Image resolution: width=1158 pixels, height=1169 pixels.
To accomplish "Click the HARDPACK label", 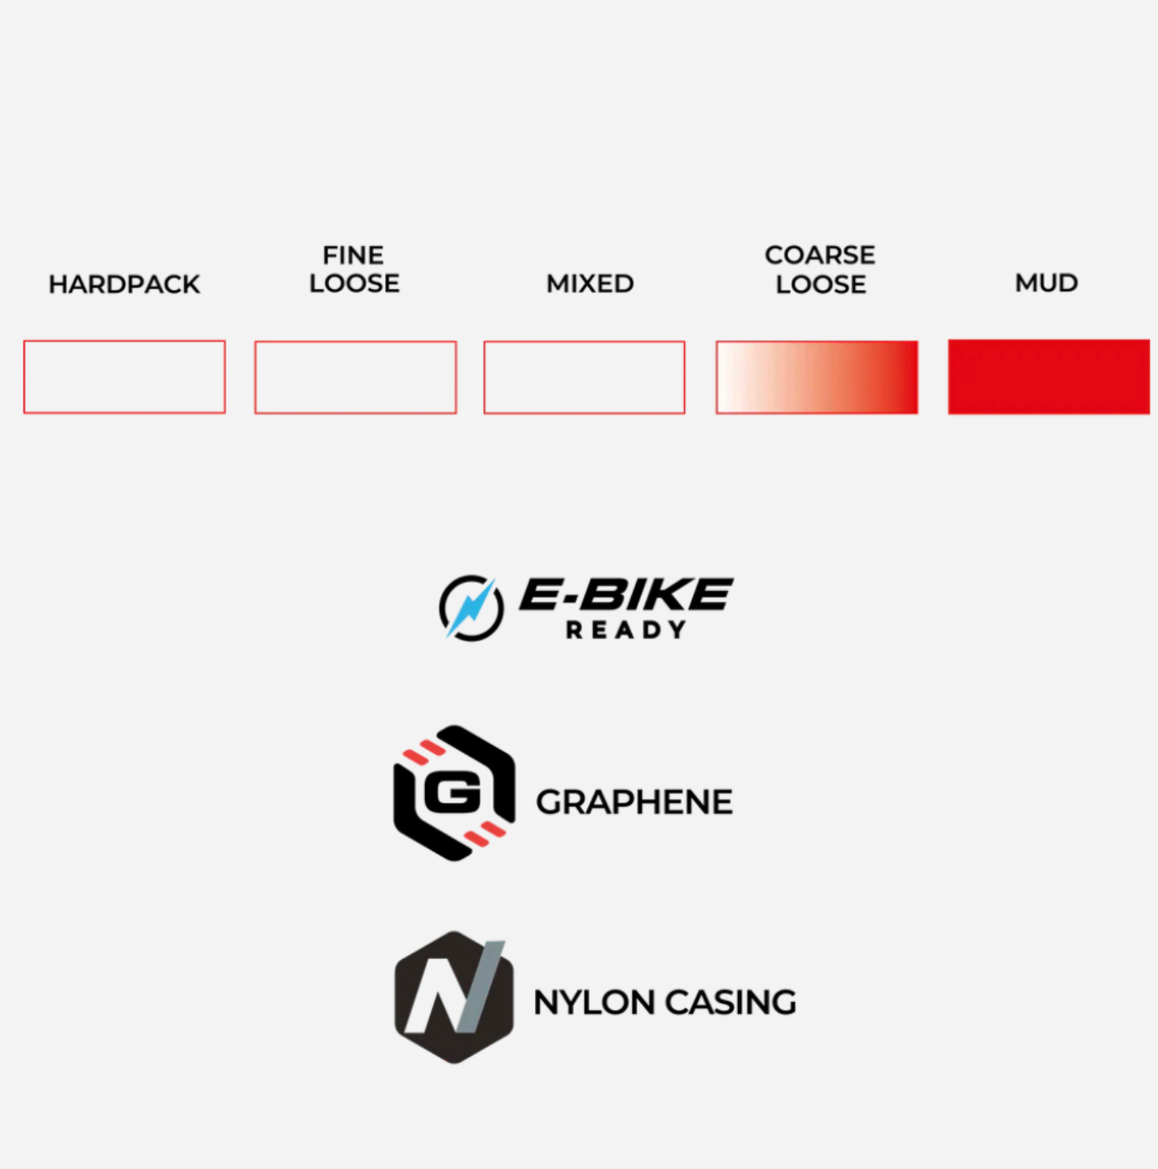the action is point(125,284).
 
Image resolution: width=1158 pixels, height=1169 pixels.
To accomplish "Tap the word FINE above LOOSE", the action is point(353,256).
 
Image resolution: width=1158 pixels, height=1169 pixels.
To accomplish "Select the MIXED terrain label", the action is point(590,283).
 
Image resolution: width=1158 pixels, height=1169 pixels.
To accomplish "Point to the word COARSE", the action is point(820,255).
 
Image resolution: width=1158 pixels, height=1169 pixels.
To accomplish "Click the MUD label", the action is point(1046,282).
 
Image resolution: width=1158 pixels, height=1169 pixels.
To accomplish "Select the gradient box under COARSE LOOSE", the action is point(817,378).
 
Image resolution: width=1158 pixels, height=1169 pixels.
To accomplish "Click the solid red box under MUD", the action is point(1049,377).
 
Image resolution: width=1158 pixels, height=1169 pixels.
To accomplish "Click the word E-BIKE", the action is point(625,594).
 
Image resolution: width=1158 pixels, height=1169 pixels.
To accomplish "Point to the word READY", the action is point(625,630).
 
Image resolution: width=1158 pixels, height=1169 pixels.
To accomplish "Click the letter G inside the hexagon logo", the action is point(453,793).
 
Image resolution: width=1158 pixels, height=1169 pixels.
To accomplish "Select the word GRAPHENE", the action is point(634,802).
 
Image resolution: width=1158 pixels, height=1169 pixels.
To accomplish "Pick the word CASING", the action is point(730,1002).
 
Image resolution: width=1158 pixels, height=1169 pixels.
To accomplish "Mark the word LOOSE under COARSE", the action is point(821,284).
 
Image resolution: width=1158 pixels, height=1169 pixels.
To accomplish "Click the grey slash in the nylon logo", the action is point(481,987).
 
